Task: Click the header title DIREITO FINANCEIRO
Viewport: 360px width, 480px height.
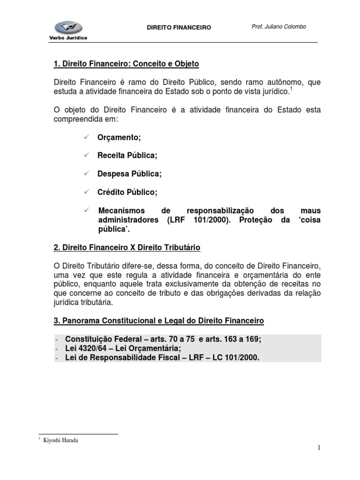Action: (x=180, y=28)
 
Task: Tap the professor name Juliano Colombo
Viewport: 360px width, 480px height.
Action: (x=278, y=27)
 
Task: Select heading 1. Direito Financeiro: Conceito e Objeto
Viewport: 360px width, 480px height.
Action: (x=127, y=63)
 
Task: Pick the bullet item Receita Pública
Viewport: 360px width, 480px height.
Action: (x=127, y=155)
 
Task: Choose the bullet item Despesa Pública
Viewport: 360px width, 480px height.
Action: (x=129, y=173)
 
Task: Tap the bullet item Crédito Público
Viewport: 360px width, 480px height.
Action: (x=127, y=192)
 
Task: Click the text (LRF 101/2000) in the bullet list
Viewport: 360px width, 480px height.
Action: (x=199, y=220)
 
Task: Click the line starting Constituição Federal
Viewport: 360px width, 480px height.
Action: (x=163, y=339)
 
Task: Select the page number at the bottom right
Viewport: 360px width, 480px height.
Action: (x=319, y=449)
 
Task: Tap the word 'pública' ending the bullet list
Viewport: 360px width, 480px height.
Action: (x=113, y=230)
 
